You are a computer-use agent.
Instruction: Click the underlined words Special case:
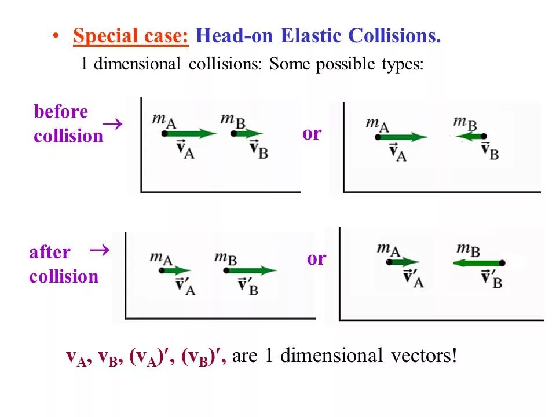131,36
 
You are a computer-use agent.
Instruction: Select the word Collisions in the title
394,36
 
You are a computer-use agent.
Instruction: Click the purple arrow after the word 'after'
100,250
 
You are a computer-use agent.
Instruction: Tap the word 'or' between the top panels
312,134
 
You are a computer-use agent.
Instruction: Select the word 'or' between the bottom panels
316,258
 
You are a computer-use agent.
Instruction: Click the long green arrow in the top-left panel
191,134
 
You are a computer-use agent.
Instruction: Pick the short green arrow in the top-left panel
248,134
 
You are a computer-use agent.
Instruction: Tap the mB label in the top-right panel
465,122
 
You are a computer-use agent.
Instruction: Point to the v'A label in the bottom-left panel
185,285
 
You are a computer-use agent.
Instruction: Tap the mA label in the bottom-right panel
389,250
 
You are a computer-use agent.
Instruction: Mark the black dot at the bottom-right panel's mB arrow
502,263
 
